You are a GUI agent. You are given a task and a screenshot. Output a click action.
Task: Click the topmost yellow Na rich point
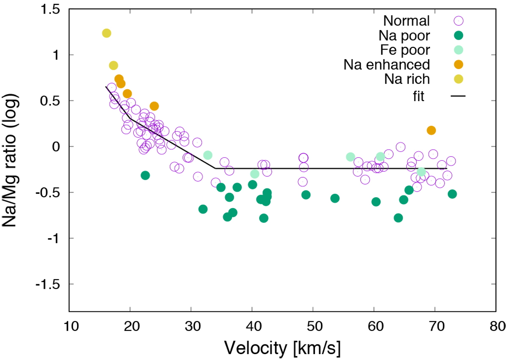(x=107, y=33)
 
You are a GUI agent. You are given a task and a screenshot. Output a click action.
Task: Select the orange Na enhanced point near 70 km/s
(x=431, y=130)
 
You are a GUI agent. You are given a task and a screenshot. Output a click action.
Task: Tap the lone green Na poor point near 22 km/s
(x=145, y=175)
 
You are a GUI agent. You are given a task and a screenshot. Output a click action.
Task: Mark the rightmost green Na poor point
(x=452, y=194)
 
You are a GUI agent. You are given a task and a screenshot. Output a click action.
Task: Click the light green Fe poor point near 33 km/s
(x=208, y=155)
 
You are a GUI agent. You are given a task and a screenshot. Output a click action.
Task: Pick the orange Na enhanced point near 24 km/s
(x=154, y=106)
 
